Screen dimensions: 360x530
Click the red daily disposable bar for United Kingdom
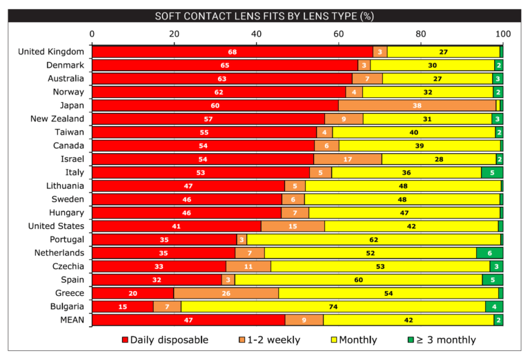click(232, 52)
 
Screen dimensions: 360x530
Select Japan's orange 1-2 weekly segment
click(418, 105)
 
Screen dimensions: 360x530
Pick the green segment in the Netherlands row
click(489, 252)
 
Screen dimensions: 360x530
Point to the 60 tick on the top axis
click(339, 33)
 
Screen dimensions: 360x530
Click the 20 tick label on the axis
click(175, 33)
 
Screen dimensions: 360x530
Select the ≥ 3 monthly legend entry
click(442, 339)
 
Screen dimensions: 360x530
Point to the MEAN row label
click(70, 319)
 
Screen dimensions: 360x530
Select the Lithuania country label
click(61, 186)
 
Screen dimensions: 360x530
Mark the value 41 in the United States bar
click(176, 226)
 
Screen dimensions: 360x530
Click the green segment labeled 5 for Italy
click(491, 172)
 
